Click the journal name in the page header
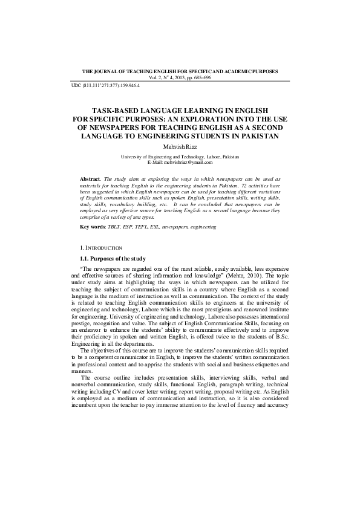pos(180,71)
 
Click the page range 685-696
pos(198,77)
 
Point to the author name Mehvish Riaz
pos(180,146)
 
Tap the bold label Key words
pos(92,227)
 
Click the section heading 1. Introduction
pos(101,248)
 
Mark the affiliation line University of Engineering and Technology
pos(180,157)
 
